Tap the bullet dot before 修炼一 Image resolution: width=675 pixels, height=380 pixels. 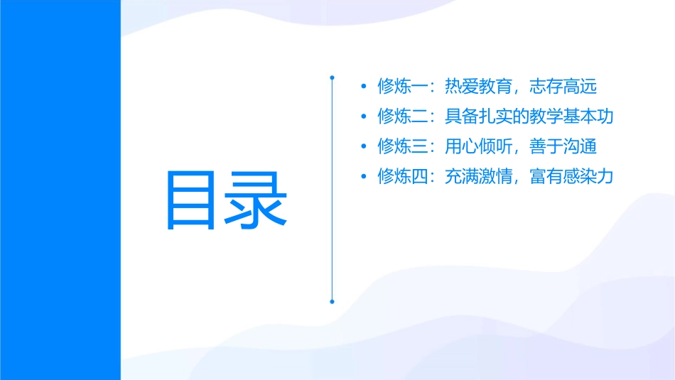click(364, 87)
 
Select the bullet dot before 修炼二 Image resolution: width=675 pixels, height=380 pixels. click(364, 116)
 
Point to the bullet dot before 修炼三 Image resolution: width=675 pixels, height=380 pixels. click(364, 146)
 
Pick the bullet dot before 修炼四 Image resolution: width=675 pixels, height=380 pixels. click(364, 176)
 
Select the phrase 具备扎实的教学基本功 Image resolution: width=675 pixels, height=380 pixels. click(529, 116)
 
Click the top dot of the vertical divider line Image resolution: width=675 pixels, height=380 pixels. click(332, 76)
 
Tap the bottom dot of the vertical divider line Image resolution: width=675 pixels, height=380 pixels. click(332, 301)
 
